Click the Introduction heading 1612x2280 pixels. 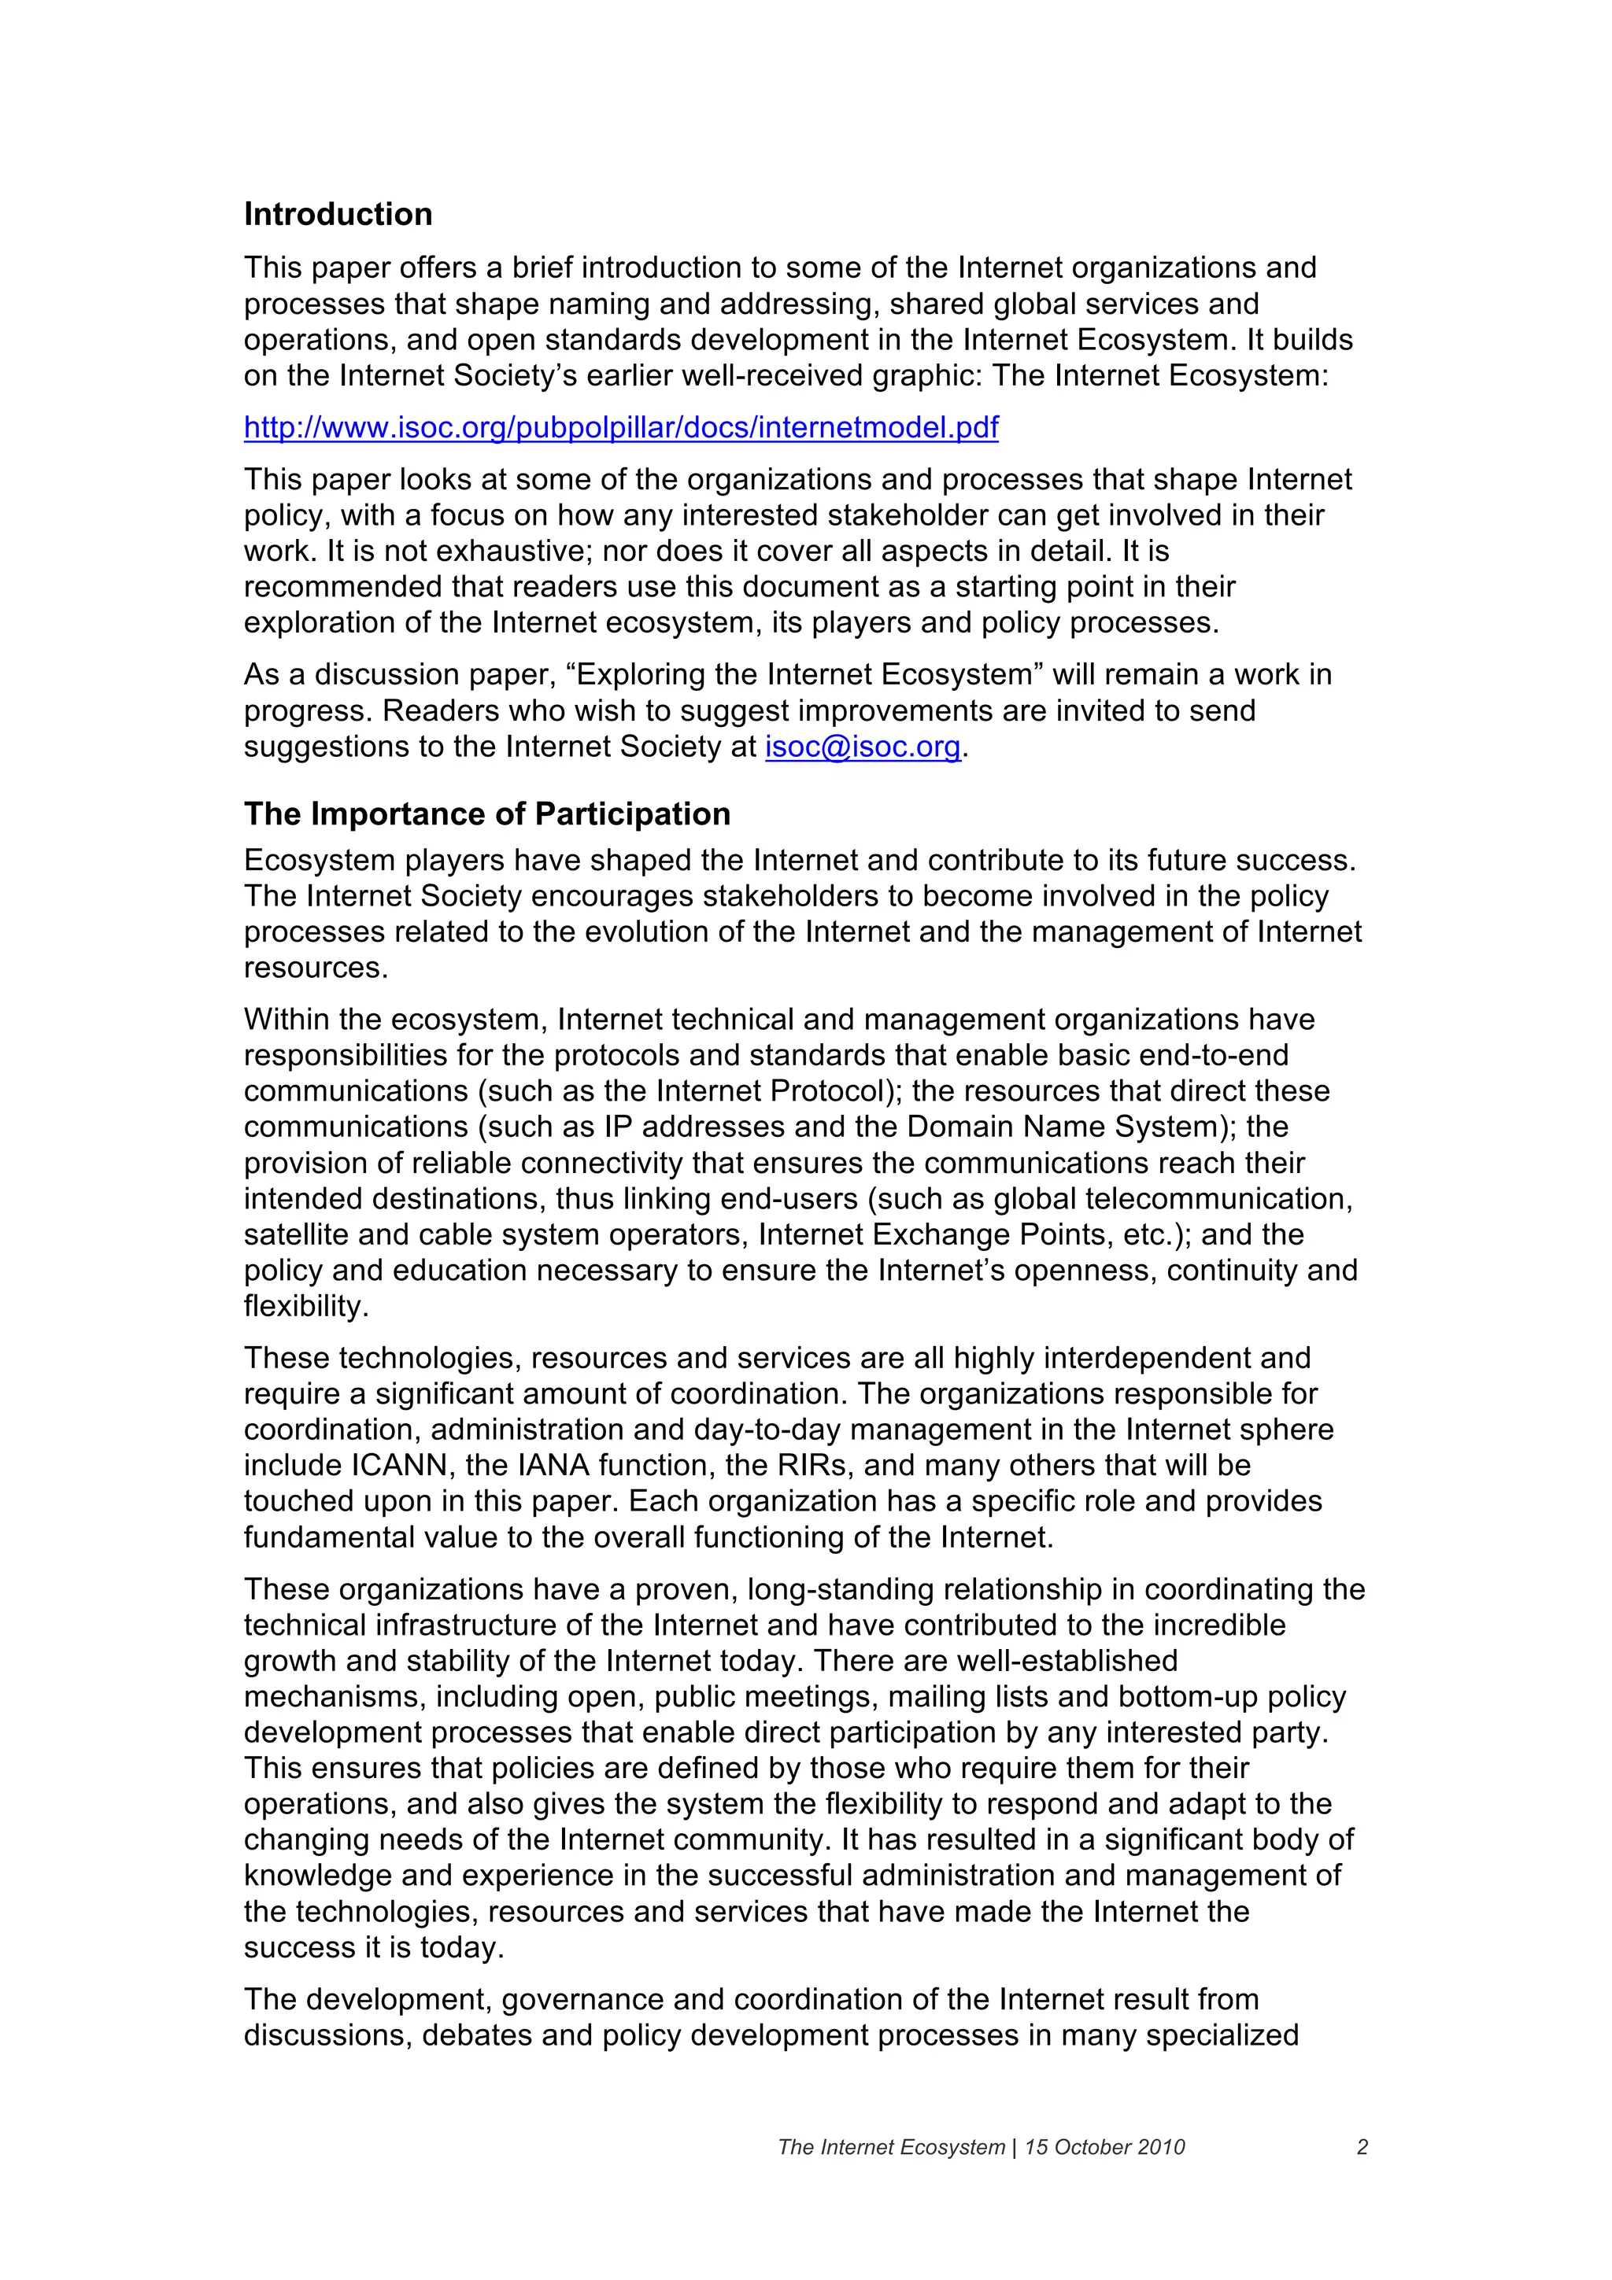pos(338,215)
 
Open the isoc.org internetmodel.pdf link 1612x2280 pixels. pos(621,427)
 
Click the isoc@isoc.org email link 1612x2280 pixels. pos(862,747)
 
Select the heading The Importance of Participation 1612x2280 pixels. pos(486,814)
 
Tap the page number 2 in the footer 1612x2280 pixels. pos(1362,2147)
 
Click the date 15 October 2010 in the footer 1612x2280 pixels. pos(1104,2147)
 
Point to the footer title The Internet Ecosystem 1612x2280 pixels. pos(891,2147)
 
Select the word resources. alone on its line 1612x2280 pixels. pos(316,968)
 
